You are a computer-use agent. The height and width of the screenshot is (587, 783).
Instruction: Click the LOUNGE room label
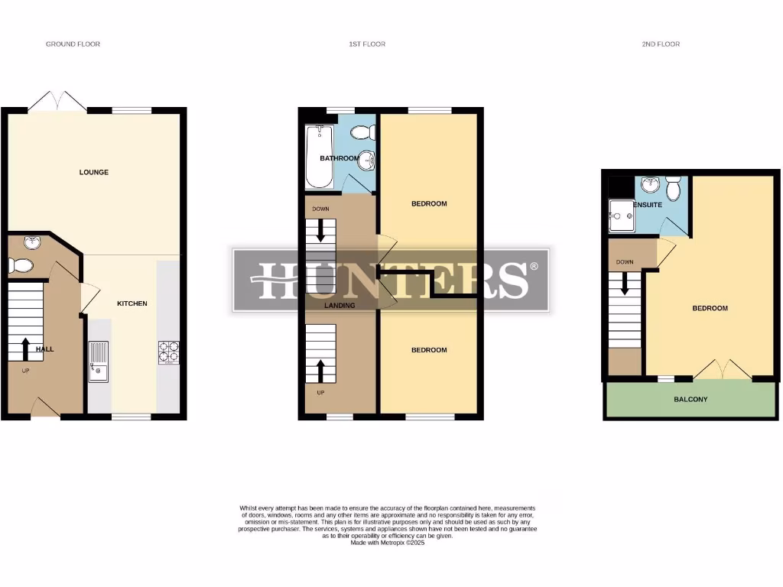[x=94, y=172]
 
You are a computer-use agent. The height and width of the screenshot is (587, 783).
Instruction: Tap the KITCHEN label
[x=132, y=303]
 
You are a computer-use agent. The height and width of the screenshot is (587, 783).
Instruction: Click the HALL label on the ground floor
[x=44, y=349]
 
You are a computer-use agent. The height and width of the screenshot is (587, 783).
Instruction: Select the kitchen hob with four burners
[x=168, y=350]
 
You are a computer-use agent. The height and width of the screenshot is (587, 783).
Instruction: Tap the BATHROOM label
[x=339, y=158]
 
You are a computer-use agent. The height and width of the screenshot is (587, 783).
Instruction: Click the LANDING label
[x=340, y=306]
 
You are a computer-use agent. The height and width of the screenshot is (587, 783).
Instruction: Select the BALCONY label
[x=690, y=399]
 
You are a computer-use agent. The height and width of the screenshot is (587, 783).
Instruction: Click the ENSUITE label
[x=646, y=205]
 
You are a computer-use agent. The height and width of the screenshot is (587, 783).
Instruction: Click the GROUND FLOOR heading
[x=73, y=44]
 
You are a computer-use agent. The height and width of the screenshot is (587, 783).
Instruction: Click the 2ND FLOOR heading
[x=661, y=44]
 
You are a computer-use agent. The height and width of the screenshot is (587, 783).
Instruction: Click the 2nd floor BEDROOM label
[x=710, y=308]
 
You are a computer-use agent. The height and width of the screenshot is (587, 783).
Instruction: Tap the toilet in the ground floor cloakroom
[x=21, y=266]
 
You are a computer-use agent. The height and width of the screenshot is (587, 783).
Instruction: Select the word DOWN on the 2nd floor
[x=625, y=262]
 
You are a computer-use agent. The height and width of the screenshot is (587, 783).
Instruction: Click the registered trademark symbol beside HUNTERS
[x=534, y=266]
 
